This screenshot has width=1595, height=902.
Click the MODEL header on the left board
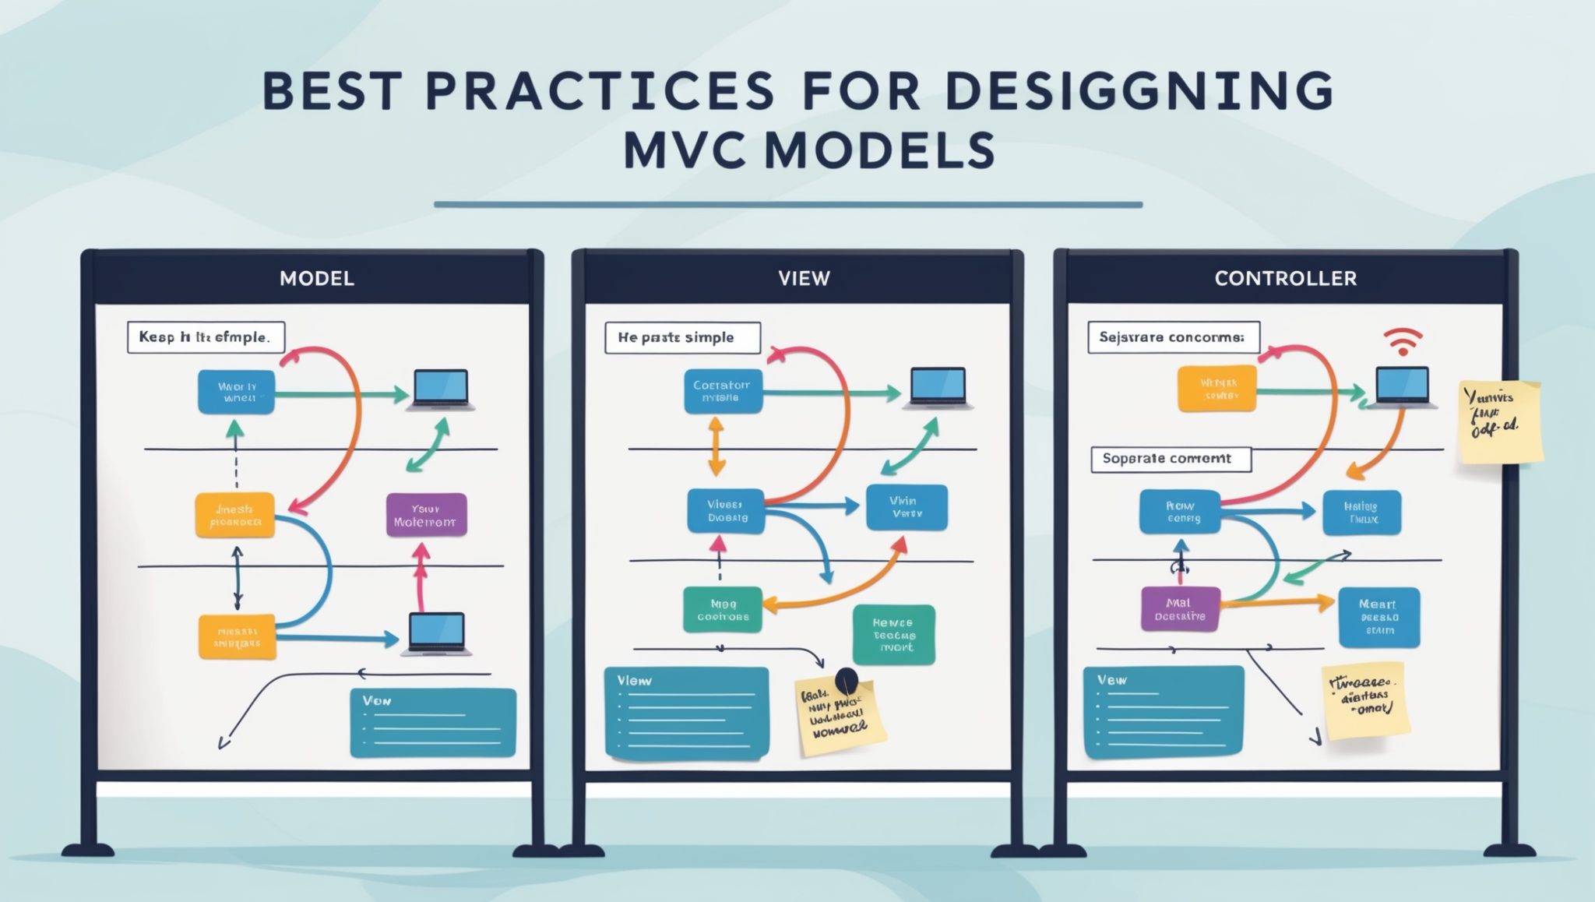pos(316,278)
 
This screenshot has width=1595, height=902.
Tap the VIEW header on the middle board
pos(804,278)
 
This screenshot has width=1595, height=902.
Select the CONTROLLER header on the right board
pos(1285,278)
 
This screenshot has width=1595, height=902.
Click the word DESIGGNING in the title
pos(1139,92)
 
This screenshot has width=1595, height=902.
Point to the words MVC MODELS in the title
pos(809,150)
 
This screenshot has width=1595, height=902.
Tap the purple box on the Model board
pos(426,515)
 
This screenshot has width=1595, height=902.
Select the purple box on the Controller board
pos(1179,608)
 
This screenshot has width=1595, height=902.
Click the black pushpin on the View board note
pos(846,681)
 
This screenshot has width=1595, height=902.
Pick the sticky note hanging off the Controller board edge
pos(1500,421)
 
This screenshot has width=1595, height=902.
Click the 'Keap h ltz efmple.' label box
pos(206,337)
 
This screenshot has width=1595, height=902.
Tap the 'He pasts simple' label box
pos(682,338)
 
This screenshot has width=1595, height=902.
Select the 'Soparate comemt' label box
pos(1171,459)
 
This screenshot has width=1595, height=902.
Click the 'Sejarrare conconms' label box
pos(1173,337)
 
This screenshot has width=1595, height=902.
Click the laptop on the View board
pos(938,389)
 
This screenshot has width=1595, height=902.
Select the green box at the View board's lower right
pos(893,635)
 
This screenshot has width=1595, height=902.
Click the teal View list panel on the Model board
pos(433,723)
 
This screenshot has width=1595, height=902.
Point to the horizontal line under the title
pos(787,205)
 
